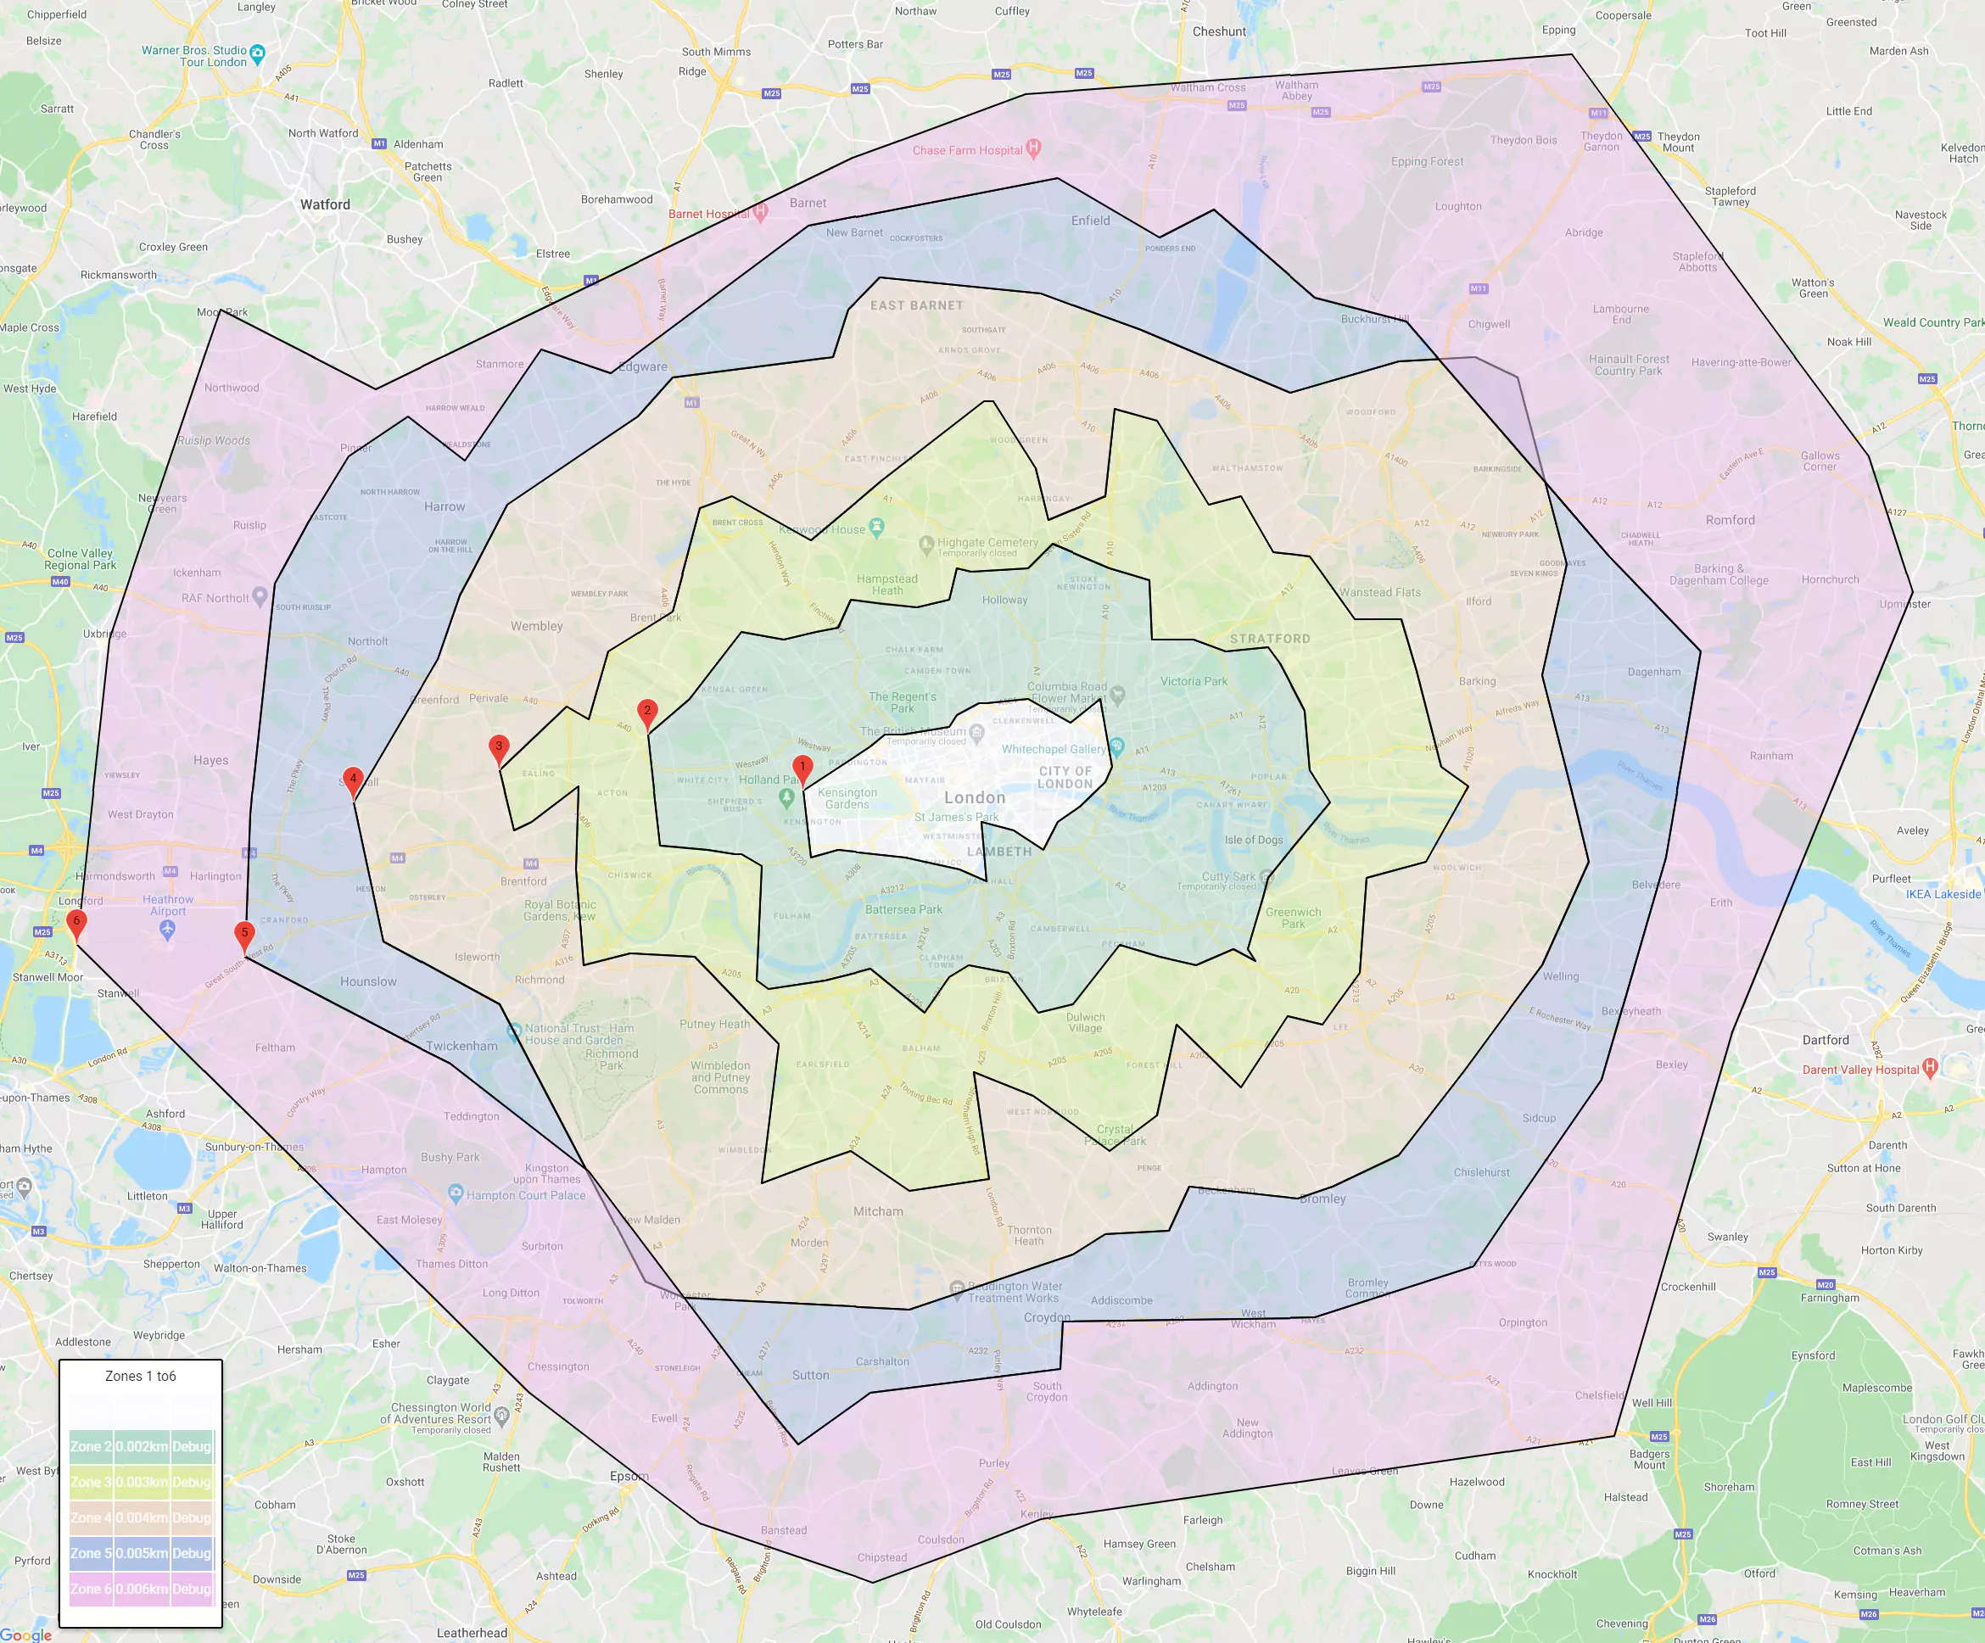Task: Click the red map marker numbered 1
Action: (802, 768)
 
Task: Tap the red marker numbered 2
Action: (647, 712)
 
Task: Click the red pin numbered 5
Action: (243, 934)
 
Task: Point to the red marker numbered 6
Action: (76, 923)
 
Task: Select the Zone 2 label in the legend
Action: (91, 1446)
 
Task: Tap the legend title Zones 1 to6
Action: (140, 1377)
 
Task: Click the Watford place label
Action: (325, 204)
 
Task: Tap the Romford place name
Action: (1730, 520)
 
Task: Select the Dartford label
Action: (1826, 1040)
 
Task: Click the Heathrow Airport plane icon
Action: (167, 930)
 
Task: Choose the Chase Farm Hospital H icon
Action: (1033, 148)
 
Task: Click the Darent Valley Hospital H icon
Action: (1930, 1067)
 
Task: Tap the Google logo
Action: (25, 1635)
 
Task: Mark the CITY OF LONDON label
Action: (1065, 777)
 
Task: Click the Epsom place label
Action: (629, 1476)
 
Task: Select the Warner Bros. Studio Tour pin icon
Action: (258, 54)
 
